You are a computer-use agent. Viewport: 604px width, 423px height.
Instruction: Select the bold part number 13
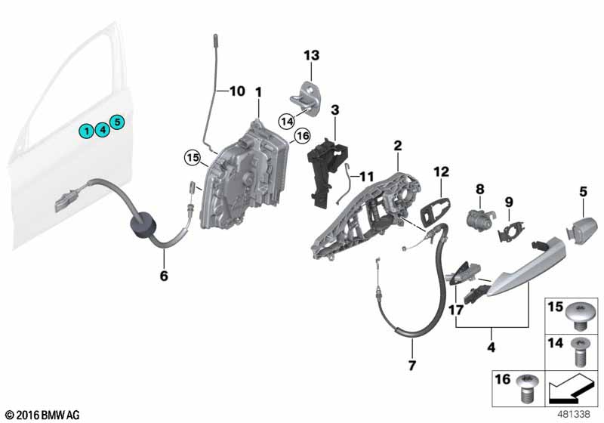(312, 55)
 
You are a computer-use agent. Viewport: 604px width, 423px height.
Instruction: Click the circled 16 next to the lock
(301, 136)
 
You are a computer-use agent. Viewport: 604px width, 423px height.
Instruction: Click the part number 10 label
(237, 91)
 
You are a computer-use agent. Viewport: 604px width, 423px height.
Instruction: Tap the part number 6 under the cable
(164, 276)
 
